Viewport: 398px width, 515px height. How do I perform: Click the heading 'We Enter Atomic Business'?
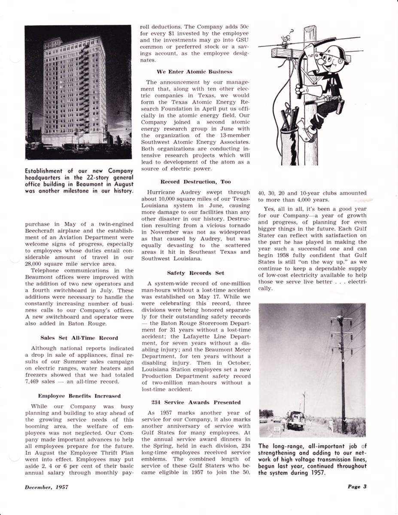[194, 72]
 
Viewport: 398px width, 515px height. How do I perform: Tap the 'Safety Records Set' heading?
[195, 273]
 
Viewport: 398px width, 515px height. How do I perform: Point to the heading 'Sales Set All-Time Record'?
[79, 338]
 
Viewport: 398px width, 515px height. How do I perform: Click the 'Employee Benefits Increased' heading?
[79, 396]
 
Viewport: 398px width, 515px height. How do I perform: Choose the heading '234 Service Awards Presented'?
[195, 403]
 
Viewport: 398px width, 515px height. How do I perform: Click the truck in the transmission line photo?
[295, 419]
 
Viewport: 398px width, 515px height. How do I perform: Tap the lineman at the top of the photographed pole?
[339, 318]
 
